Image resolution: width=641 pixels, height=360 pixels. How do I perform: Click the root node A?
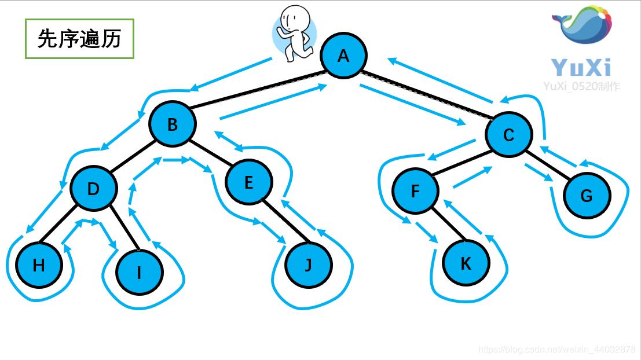(343, 56)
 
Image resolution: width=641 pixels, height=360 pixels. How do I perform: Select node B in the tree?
(173, 124)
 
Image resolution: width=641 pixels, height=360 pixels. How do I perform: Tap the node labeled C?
(508, 135)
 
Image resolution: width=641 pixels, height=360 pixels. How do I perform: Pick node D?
(93, 189)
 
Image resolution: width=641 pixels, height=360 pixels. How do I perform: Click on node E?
(248, 182)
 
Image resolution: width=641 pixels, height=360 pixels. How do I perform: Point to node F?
(415, 191)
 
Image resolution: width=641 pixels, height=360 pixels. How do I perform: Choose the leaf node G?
(586, 196)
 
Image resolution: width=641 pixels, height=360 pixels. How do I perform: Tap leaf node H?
(39, 266)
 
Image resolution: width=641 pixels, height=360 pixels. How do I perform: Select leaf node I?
(139, 272)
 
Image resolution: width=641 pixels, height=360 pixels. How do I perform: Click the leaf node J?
(309, 265)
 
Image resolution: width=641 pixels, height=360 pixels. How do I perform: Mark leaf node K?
(466, 263)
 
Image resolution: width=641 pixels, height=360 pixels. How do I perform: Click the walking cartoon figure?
(294, 33)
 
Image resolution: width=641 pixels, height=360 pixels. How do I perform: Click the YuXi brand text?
(581, 67)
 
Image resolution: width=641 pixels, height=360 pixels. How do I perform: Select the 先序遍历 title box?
(79, 39)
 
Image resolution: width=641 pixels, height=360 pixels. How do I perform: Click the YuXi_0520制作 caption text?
(581, 86)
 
